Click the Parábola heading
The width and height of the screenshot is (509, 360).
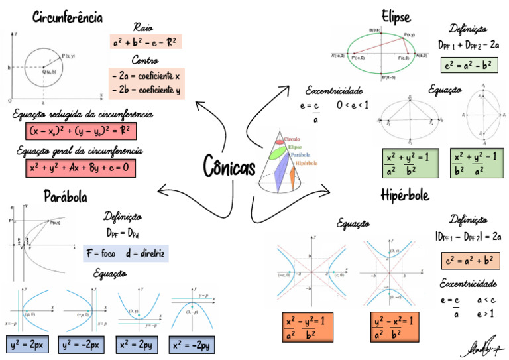pyautogui.click(x=66, y=196)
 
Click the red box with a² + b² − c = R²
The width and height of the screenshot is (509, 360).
pyautogui.click(x=146, y=42)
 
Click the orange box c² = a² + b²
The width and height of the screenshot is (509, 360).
pyautogui.click(x=469, y=261)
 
